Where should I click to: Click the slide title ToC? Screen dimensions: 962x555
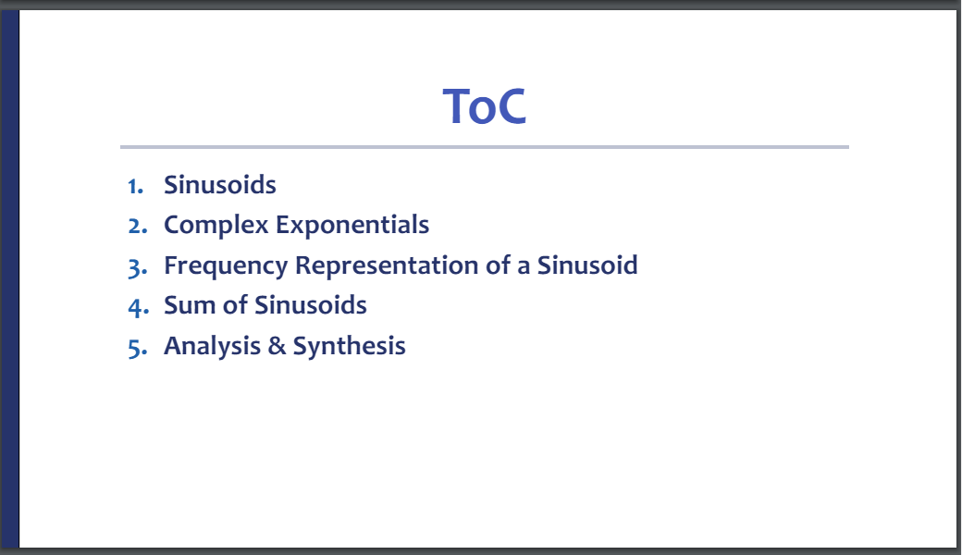pyautogui.click(x=484, y=106)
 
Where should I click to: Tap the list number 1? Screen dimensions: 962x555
pyautogui.click(x=136, y=186)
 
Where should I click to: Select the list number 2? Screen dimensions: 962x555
pyautogui.click(x=138, y=226)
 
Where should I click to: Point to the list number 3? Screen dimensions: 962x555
pyautogui.click(x=138, y=267)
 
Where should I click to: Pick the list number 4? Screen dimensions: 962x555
pyautogui.click(x=138, y=306)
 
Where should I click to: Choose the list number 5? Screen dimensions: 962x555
pyautogui.click(x=138, y=348)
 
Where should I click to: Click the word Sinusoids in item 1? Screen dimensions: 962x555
pyautogui.click(x=219, y=185)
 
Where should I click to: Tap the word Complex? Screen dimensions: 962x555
pyautogui.click(x=216, y=225)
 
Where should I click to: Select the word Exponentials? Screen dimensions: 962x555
pyautogui.click(x=352, y=225)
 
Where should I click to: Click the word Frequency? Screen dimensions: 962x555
pyautogui.click(x=226, y=266)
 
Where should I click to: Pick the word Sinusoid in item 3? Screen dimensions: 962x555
pyautogui.click(x=587, y=265)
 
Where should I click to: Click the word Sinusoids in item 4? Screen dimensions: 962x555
pyautogui.click(x=311, y=305)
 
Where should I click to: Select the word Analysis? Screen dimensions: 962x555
pyautogui.click(x=212, y=347)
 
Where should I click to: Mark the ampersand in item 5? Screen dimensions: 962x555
pyautogui.click(x=277, y=346)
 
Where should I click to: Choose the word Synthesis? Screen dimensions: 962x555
pyautogui.click(x=349, y=347)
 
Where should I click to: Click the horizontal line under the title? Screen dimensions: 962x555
pyautogui.click(x=485, y=147)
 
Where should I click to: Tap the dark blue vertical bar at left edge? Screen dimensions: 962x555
pyautogui.click(x=10, y=278)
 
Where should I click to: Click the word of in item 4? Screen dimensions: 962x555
pyautogui.click(x=235, y=305)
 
